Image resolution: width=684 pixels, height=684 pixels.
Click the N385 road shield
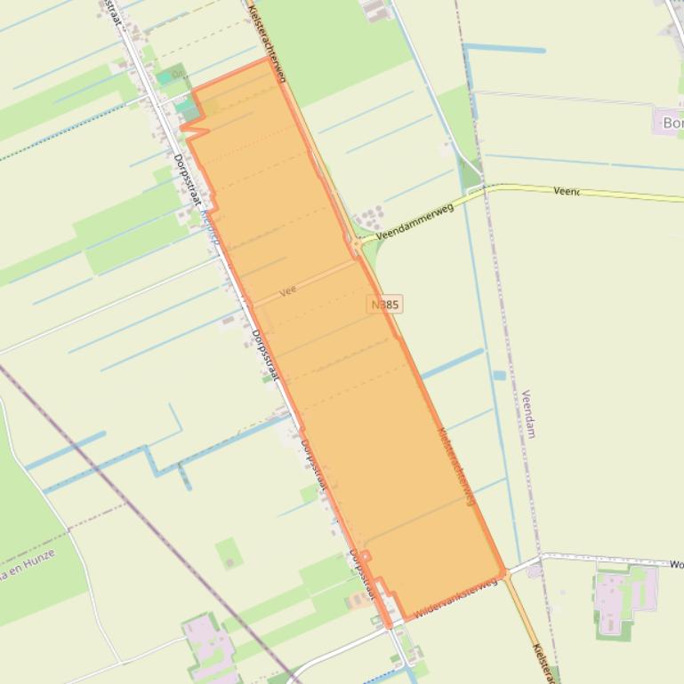(x=384, y=304)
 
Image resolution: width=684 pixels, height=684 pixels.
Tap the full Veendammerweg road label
(x=415, y=222)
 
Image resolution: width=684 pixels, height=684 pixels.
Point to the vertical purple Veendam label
(x=529, y=414)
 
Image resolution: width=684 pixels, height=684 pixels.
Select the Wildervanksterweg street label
(x=454, y=600)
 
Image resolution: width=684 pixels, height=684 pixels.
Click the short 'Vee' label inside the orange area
(x=286, y=290)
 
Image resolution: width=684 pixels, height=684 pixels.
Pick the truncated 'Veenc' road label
(x=566, y=191)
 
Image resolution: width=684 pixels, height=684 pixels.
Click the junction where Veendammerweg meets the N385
(x=358, y=242)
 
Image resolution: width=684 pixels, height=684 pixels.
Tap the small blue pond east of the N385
(x=499, y=376)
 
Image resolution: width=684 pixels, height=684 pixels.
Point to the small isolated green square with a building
(x=229, y=553)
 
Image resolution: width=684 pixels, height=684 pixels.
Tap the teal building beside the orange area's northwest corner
(x=187, y=107)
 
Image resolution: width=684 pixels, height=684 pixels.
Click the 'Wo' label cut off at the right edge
(x=676, y=564)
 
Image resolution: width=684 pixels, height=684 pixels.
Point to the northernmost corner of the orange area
(x=269, y=60)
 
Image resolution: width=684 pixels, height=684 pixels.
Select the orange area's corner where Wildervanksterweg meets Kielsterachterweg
(x=504, y=573)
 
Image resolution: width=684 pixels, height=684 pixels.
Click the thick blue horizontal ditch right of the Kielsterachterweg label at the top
(x=504, y=49)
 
